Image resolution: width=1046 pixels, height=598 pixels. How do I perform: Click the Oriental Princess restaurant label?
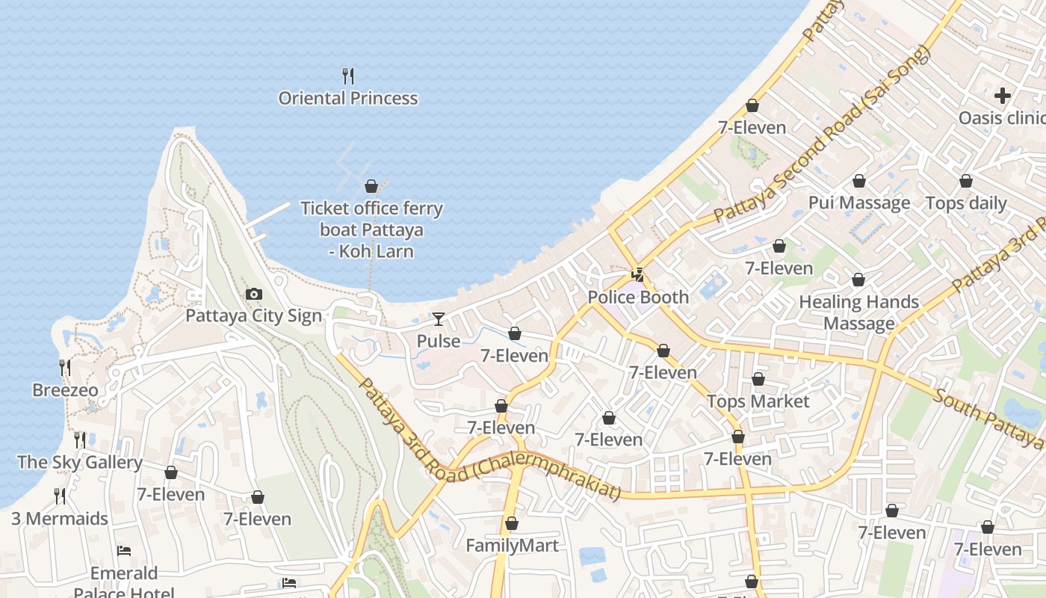[347, 98]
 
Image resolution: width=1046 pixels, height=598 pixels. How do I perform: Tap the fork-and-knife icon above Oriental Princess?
[347, 75]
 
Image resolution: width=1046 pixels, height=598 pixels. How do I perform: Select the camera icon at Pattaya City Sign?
[254, 294]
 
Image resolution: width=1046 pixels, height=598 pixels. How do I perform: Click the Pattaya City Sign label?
[253, 315]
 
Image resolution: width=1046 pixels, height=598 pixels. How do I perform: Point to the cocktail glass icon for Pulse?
[439, 319]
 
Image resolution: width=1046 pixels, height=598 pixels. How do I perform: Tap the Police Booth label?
[638, 297]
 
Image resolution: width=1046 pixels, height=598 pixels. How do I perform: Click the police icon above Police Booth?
[637, 275]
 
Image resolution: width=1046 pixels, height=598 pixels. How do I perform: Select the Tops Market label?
[758, 401]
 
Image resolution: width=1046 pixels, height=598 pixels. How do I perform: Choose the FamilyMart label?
[512, 546]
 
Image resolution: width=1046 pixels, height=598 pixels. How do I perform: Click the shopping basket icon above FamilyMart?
[512, 523]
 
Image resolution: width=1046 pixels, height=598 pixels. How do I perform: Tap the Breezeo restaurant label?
[65, 390]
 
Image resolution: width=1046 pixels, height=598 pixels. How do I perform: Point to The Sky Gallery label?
[80, 462]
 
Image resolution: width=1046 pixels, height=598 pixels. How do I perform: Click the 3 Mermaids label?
[60, 519]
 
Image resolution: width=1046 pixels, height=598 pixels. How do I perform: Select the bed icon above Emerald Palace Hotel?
[124, 551]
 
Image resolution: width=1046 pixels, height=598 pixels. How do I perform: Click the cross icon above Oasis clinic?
[1003, 96]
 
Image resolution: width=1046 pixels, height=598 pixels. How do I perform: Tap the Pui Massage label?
[859, 203]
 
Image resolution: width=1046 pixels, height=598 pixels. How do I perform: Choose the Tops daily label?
[966, 203]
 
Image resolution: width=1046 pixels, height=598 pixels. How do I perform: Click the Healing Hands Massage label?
[858, 312]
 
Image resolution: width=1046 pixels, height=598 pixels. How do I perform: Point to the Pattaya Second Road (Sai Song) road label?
[822, 135]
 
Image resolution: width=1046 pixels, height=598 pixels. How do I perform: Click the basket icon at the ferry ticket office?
[371, 186]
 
